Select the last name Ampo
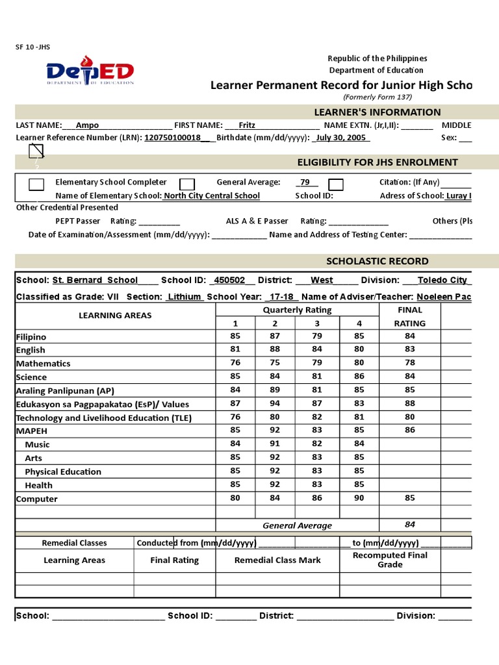pyautogui.click(x=88, y=125)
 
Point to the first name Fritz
pyautogui.click(x=247, y=125)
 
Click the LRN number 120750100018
pyautogui.click(x=172, y=138)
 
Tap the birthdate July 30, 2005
pyautogui.click(x=342, y=138)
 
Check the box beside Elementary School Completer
pyautogui.click(x=36, y=184)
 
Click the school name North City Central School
pyautogui.click(x=212, y=195)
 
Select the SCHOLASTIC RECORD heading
pyautogui.click(x=377, y=261)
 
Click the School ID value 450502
pyautogui.click(x=229, y=280)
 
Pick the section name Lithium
pyautogui.click(x=185, y=296)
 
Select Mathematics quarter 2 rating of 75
pyautogui.click(x=275, y=363)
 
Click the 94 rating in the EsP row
pyautogui.click(x=275, y=404)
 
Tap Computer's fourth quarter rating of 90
pyautogui.click(x=359, y=498)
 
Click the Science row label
pyautogui.click(x=32, y=377)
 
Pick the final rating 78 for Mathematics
pyautogui.click(x=409, y=363)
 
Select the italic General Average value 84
pyautogui.click(x=409, y=525)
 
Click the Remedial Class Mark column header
pyautogui.click(x=277, y=560)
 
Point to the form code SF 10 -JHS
pyautogui.click(x=32, y=47)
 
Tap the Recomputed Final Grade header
pyautogui.click(x=390, y=560)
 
